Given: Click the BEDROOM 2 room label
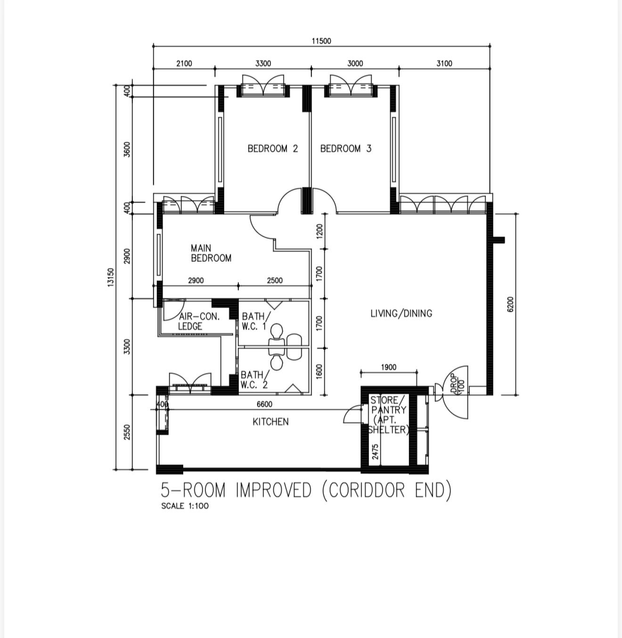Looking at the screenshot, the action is click(272, 148).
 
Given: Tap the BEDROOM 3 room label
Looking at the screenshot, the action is click(345, 148).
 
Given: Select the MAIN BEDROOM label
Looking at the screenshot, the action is click(211, 253).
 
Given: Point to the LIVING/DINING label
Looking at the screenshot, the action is click(401, 313).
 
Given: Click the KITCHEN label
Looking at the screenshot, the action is click(270, 422).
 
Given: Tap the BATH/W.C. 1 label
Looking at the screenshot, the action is click(256, 321).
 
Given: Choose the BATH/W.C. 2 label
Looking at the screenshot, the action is click(255, 380).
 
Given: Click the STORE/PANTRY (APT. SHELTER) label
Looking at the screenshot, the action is click(389, 415).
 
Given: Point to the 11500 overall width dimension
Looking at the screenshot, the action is click(321, 41).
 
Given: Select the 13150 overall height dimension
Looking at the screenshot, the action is click(111, 278).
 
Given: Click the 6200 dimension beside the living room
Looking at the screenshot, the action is click(510, 304).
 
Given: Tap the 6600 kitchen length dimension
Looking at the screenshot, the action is click(264, 404).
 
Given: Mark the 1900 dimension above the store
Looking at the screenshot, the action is click(389, 367).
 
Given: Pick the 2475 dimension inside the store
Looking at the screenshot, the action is click(376, 452).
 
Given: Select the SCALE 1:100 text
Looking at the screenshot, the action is click(185, 506).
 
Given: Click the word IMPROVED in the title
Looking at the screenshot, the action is click(273, 491).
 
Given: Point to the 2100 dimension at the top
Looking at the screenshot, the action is click(184, 63).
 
